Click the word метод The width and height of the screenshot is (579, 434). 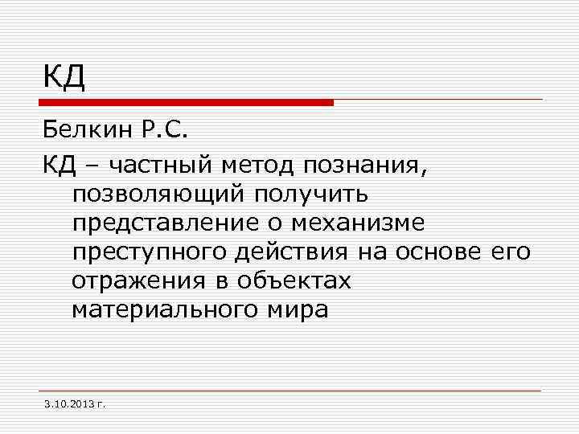point(258,166)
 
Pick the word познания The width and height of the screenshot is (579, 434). point(367,166)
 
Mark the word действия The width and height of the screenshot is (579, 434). point(292,252)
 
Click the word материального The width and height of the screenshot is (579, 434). point(165,309)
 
